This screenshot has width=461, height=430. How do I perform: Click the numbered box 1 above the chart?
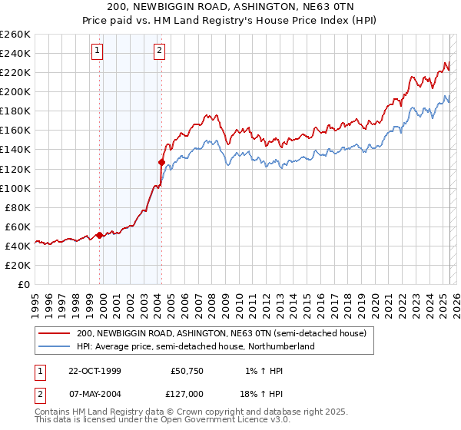(99, 51)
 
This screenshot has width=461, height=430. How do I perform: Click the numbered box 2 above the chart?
(159, 51)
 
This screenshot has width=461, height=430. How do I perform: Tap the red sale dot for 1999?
(100, 235)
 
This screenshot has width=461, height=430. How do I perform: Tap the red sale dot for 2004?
(161, 162)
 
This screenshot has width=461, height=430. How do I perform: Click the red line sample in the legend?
(54, 333)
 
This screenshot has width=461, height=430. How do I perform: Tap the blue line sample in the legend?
(54, 346)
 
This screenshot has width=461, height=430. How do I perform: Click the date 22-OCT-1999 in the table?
(95, 371)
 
